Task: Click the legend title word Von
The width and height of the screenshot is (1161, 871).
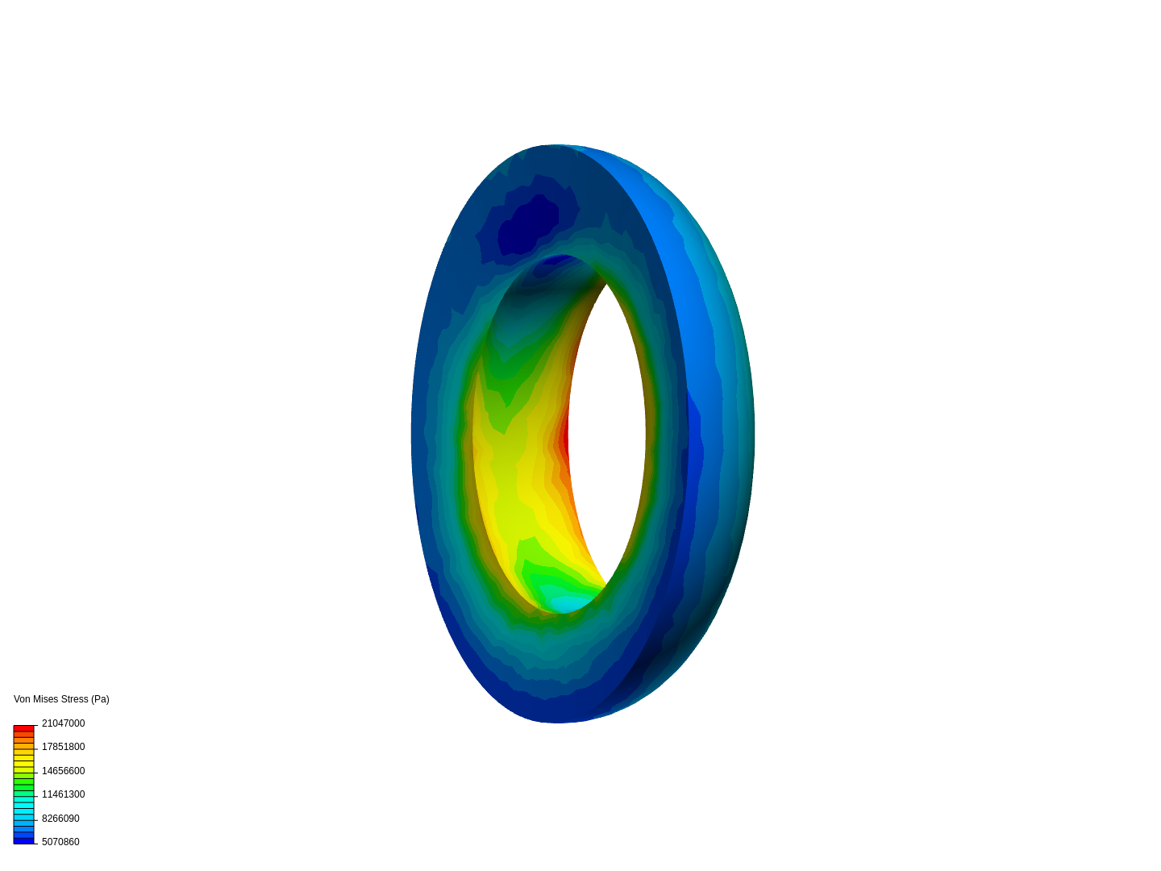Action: (23, 699)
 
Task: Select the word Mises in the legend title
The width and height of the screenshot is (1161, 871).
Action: (45, 699)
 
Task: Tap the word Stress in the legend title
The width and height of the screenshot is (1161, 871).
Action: (75, 699)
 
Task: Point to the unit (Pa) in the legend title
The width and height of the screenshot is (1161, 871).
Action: (100, 700)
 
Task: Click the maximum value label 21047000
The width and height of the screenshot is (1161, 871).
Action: (64, 723)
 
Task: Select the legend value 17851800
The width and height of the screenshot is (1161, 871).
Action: (64, 747)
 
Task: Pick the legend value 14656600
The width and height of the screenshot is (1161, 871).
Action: (64, 771)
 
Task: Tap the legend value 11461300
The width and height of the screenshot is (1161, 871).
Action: (64, 794)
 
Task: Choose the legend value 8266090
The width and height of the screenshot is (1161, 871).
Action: (60, 819)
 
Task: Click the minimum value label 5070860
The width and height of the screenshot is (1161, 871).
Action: (60, 842)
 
